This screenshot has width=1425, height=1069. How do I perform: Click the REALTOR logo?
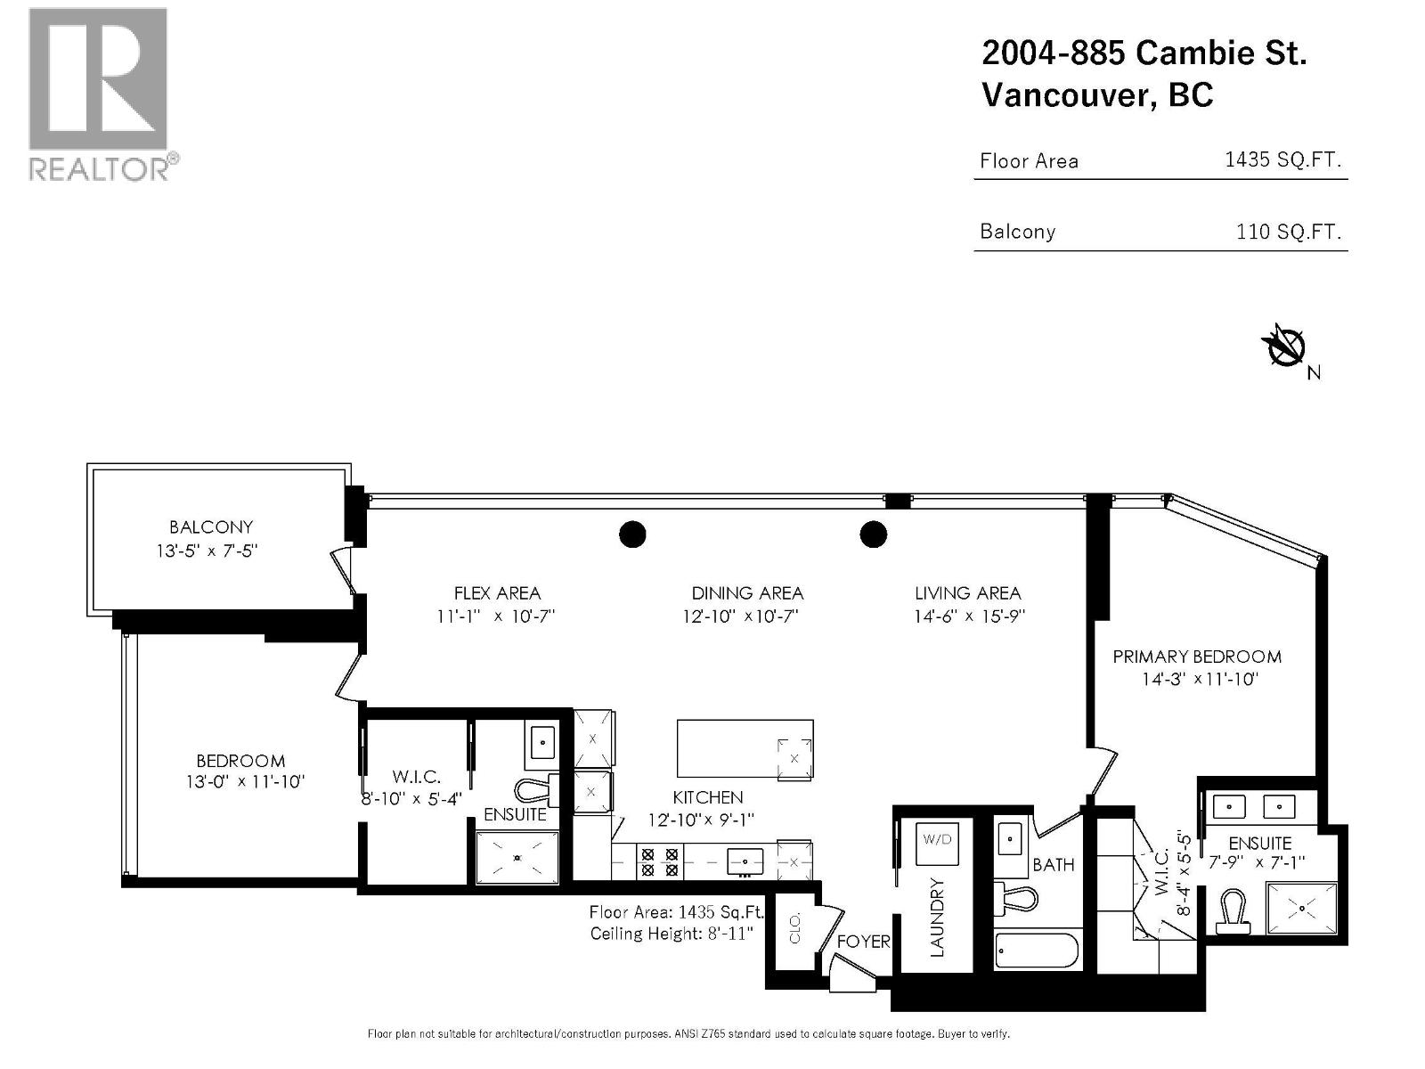pyautogui.click(x=98, y=94)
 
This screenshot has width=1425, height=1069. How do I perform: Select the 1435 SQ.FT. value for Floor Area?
pyautogui.click(x=1282, y=160)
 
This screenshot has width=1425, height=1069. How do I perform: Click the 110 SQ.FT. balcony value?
pyautogui.click(x=1288, y=232)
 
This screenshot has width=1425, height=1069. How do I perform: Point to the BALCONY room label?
pyautogui.click(x=211, y=526)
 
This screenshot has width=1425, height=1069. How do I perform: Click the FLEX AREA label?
pyautogui.click(x=497, y=593)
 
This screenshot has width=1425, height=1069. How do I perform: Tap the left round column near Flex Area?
pyautogui.click(x=632, y=534)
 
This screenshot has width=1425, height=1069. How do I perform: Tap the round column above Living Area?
pyautogui.click(x=873, y=534)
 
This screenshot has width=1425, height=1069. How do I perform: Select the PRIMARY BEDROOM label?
pyautogui.click(x=1197, y=657)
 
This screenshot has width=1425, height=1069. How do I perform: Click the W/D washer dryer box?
pyautogui.click(x=937, y=840)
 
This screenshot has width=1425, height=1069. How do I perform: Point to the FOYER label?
pyautogui.click(x=863, y=942)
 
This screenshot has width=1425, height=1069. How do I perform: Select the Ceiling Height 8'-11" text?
pyautogui.click(x=672, y=934)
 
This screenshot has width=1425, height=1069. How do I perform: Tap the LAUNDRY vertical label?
pyautogui.click(x=937, y=918)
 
